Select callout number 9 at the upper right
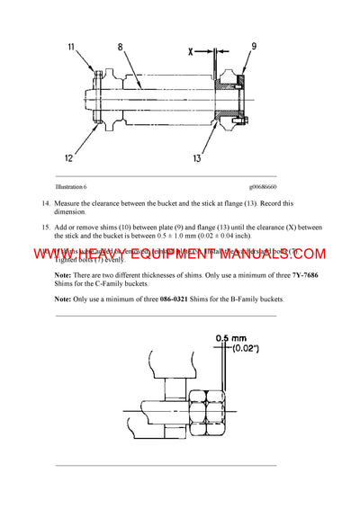(x=253, y=47)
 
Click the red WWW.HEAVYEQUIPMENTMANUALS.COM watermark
(x=180, y=254)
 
